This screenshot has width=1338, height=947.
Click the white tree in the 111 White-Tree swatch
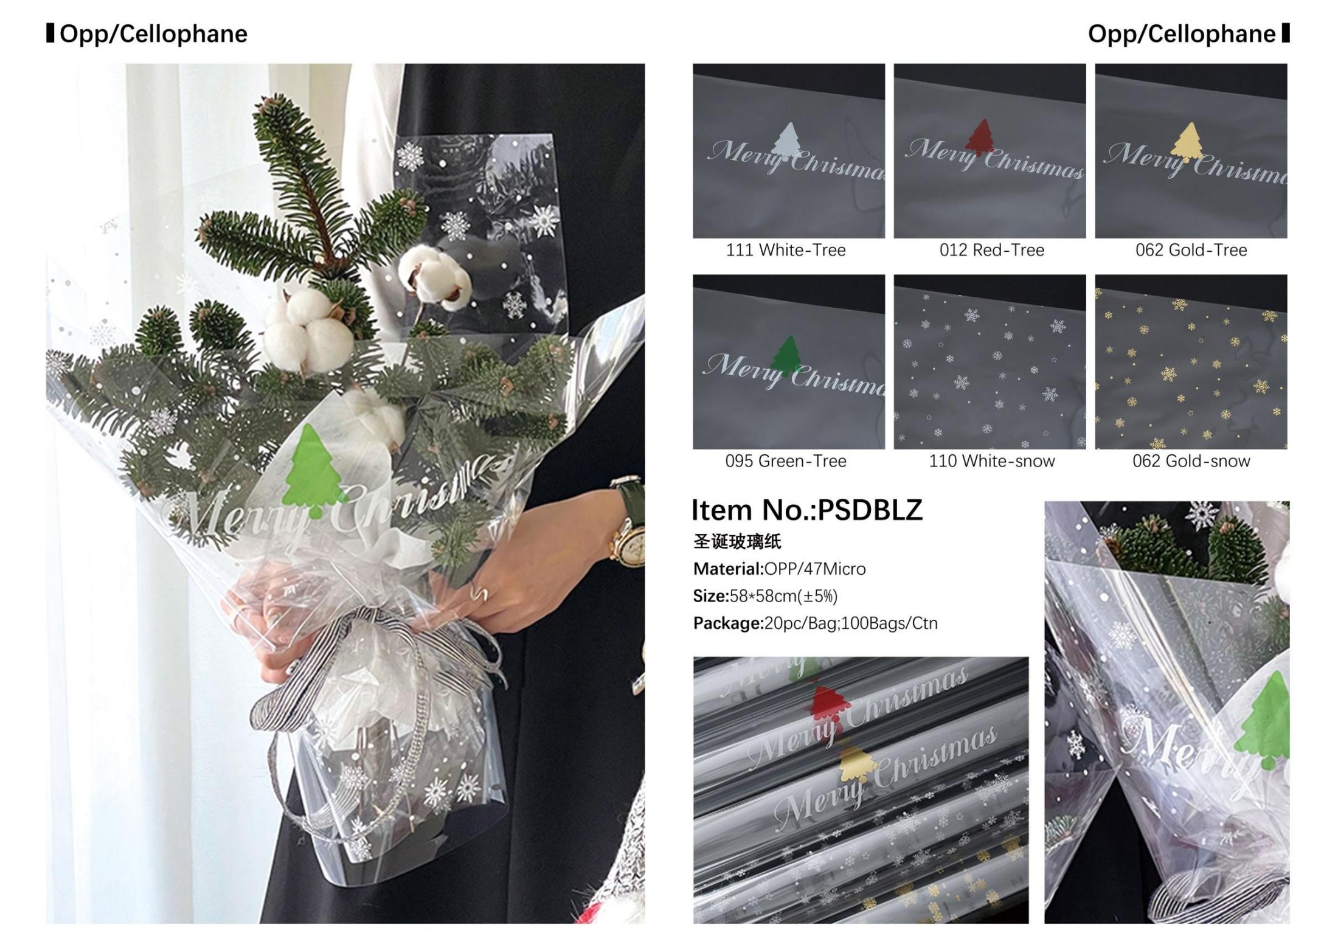click(785, 141)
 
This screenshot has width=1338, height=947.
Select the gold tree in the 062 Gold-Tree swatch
click(1187, 142)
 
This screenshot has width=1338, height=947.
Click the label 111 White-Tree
click(786, 250)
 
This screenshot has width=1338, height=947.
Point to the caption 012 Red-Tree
click(991, 250)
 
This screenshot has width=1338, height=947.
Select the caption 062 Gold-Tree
click(1191, 250)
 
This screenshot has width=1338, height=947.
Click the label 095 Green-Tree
click(786, 461)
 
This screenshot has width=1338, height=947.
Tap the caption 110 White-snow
click(991, 461)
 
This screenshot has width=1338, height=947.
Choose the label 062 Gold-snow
click(1191, 461)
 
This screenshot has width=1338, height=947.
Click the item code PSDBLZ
click(870, 510)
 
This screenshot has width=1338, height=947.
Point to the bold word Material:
click(728, 569)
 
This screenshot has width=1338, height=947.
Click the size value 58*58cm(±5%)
click(783, 596)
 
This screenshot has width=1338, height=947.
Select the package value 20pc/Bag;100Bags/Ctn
click(851, 623)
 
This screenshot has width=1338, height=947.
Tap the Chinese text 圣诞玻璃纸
click(737, 541)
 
